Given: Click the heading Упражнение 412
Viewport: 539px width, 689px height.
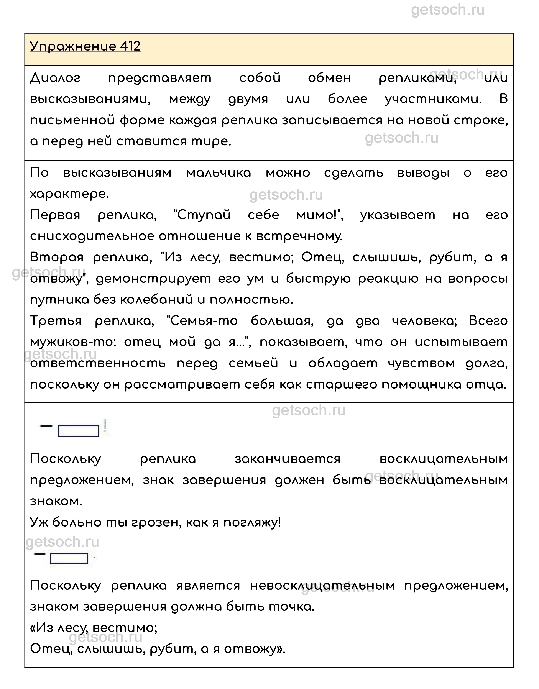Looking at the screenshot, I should pyautogui.click(x=85, y=46).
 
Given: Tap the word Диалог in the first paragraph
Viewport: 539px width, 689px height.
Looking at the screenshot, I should pyautogui.click(x=56, y=78).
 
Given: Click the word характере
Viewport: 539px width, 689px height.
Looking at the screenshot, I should pyautogui.click(x=69, y=194).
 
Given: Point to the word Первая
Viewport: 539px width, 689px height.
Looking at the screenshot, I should pyautogui.click(x=55, y=215).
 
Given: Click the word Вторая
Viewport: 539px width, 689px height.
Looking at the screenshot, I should pyautogui.click(x=57, y=258).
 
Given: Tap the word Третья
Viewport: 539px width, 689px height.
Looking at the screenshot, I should pyautogui.click(x=56, y=321).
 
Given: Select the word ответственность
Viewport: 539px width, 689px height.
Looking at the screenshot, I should pyautogui.click(x=98, y=363).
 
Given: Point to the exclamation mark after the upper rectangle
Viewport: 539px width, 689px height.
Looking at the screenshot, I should pyautogui.click(x=105, y=426).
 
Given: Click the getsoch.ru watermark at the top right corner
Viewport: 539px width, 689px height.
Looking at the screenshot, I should pyautogui.click(x=448, y=10).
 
